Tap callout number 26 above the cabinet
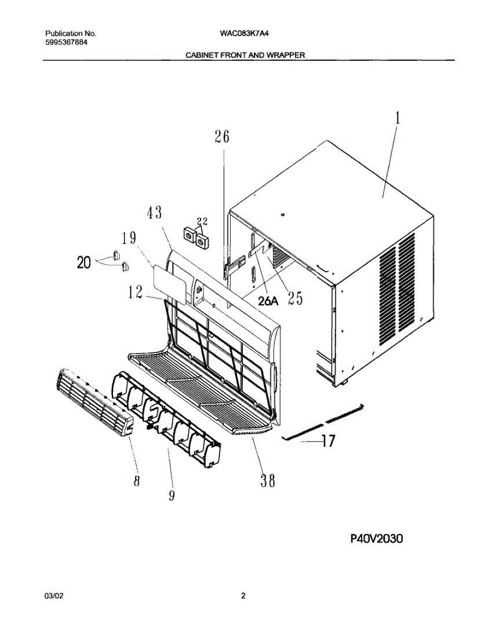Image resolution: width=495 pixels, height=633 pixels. tap(222, 137)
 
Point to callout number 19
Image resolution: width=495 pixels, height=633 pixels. tap(131, 238)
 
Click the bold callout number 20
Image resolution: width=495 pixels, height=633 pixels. tap(83, 262)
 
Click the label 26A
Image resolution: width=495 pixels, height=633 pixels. tap(268, 301)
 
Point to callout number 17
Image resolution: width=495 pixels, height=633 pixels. tap(328, 441)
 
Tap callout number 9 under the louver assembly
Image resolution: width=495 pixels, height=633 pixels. tap(172, 496)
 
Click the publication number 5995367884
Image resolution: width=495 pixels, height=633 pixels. tap(66, 42)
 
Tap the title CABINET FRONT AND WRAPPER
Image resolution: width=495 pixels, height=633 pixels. tap(245, 55)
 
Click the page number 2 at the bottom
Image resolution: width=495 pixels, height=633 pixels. tap(243, 596)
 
